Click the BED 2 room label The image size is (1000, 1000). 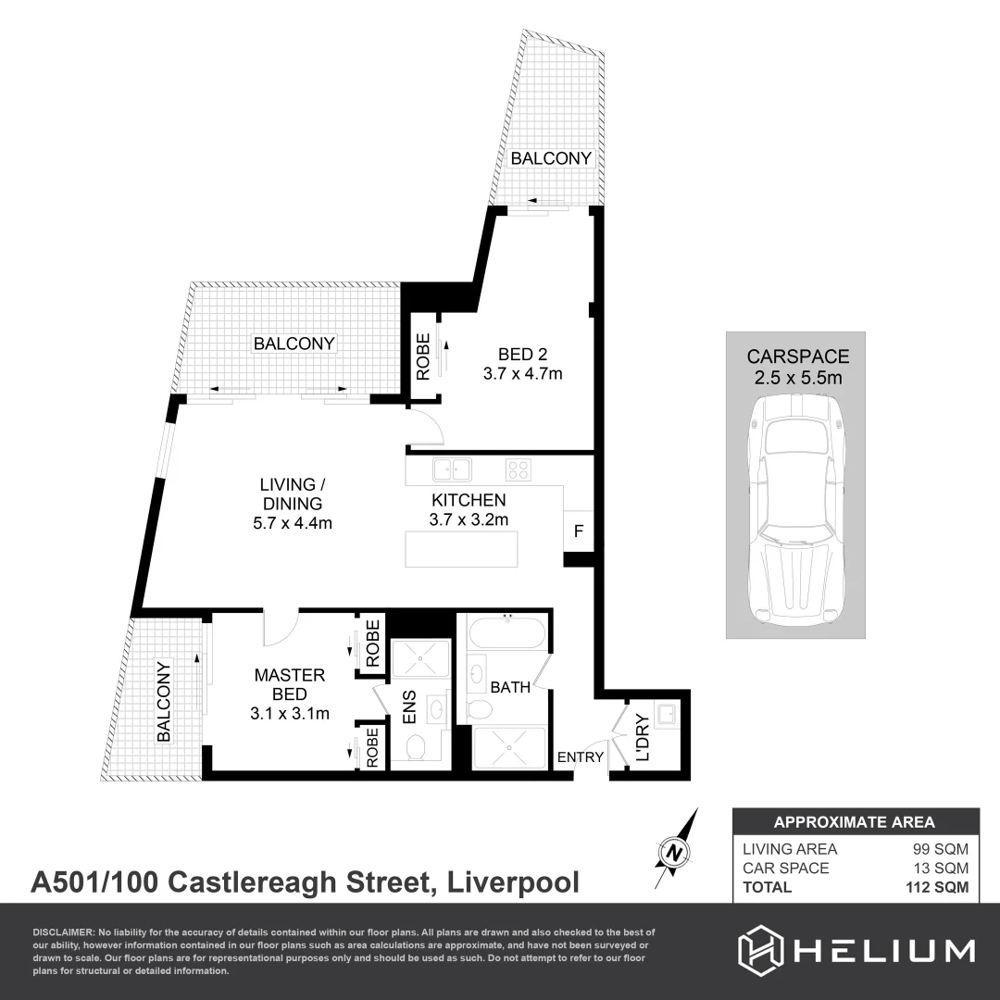tap(523, 364)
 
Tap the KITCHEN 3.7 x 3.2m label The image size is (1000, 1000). tap(469, 509)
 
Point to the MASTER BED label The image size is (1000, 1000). tap(290, 694)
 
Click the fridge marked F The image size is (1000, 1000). tap(579, 531)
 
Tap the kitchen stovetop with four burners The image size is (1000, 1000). tap(519, 469)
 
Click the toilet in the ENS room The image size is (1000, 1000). tap(416, 745)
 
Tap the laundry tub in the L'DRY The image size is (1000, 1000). tap(666, 714)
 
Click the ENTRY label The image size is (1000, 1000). tap(581, 757)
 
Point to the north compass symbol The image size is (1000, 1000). tap(677, 850)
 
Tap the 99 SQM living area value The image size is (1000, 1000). tap(943, 849)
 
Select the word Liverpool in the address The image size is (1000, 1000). tap(514, 881)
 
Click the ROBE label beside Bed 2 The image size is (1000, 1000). tap(422, 356)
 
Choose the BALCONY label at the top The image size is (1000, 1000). tap(551, 158)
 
